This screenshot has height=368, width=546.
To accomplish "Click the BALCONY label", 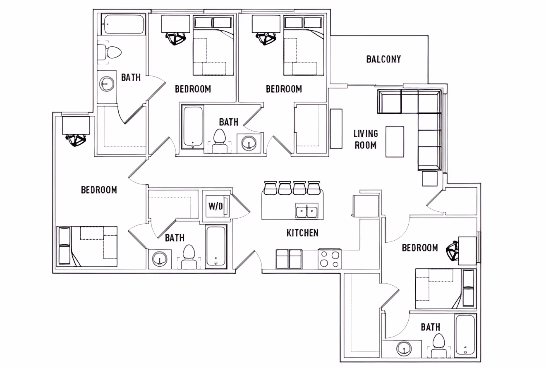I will point(383,59).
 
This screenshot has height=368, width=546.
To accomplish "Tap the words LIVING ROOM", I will point(366,139).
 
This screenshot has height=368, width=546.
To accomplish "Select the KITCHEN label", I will point(302,233).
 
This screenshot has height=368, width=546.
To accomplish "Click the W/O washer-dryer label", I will point(215,206).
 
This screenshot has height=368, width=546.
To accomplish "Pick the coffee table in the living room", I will point(395,142).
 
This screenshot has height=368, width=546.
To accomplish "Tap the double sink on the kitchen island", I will point(307,211).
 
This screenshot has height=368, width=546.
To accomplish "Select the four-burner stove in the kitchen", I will point(330,259).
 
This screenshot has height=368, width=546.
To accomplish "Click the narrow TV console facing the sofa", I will point(336,129).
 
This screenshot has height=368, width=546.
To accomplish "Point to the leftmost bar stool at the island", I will point(270,188).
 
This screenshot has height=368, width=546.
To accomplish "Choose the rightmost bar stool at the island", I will point(314,188).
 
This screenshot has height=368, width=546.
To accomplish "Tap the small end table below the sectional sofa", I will point(430,179).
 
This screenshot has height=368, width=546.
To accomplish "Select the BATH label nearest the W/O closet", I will point(175,238).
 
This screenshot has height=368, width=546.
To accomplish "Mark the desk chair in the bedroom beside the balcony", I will point(266,39).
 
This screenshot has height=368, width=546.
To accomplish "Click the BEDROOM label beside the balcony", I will point(284,89).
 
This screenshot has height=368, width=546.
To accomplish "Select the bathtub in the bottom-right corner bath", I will point(465,336).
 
